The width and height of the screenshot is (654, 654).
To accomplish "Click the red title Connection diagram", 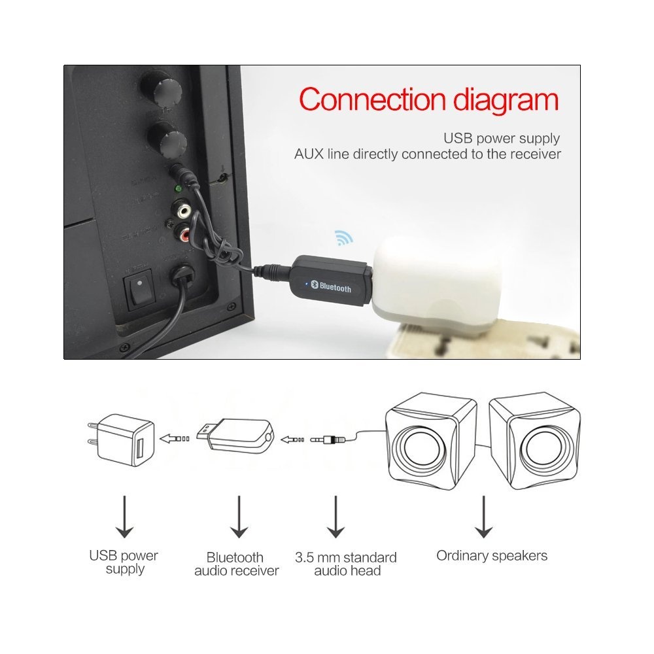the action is pos(429,100).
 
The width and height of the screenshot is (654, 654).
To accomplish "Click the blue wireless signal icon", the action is pos(344,237).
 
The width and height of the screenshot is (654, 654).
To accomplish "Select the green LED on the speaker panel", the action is pos(178,190).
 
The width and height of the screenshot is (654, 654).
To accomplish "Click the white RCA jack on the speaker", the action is pos(183,210).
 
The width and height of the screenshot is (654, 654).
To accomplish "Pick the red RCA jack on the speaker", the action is pos(184,235).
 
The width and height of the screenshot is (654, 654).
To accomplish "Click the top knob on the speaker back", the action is pos(161,89).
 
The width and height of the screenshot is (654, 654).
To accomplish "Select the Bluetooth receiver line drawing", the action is pos(235,436).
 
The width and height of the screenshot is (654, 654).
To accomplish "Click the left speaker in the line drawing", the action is pos(430,441).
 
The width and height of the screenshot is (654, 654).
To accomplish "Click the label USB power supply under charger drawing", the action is pos(124,562).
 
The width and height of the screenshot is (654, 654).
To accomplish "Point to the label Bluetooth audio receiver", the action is pos(237,564).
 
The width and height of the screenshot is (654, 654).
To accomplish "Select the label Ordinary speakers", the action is pos(492,556).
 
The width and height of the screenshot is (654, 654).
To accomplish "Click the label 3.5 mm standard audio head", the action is pos(346,564).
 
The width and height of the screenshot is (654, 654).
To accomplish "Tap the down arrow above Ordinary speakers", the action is pos(484,517).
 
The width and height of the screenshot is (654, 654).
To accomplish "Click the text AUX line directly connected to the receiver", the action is pos(428,154).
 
